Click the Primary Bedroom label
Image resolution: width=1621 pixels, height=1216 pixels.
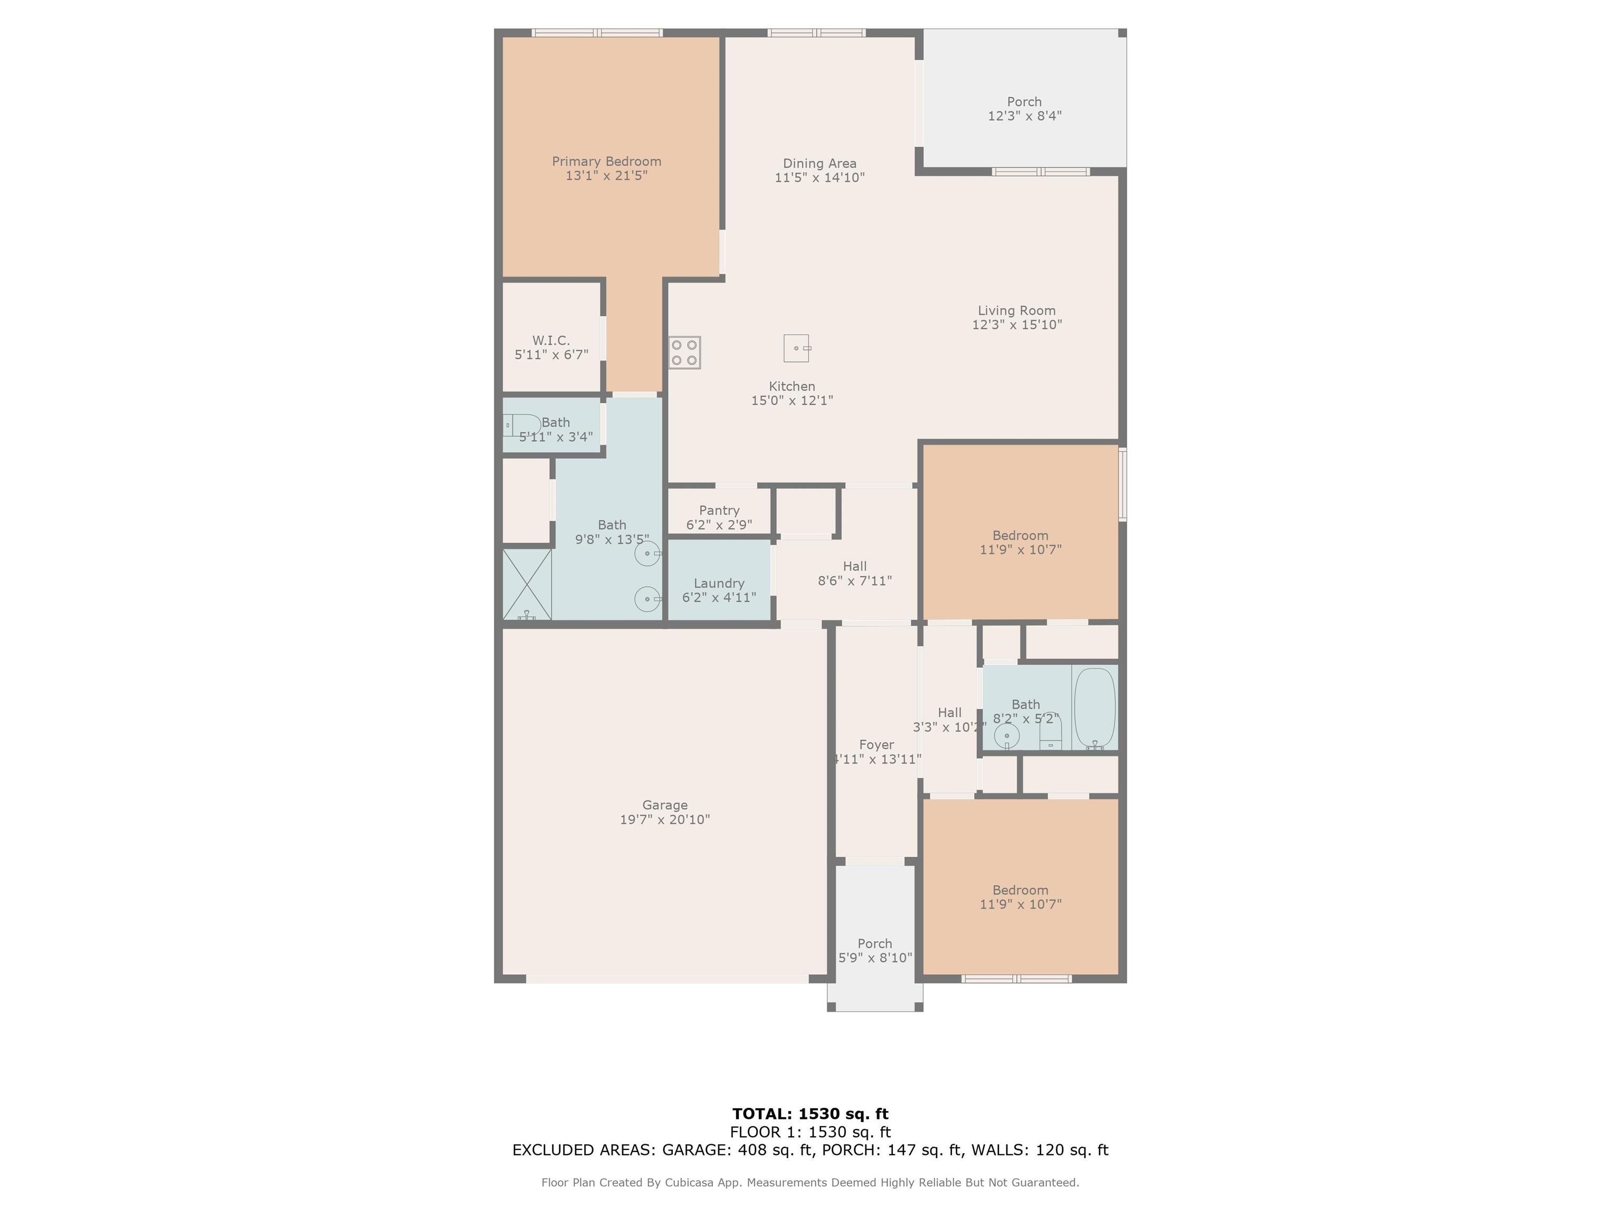[x=606, y=161]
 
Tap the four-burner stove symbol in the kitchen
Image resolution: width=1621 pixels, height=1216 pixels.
[x=684, y=352]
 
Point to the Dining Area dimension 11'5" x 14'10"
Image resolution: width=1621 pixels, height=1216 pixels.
[x=819, y=177]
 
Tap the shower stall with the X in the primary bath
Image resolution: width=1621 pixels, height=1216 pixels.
[x=527, y=584]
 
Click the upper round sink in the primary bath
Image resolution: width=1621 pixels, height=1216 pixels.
[x=647, y=554]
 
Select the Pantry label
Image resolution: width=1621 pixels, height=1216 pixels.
[x=719, y=510]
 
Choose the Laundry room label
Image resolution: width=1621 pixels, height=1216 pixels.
[x=719, y=583]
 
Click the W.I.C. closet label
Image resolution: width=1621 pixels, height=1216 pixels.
[x=550, y=340]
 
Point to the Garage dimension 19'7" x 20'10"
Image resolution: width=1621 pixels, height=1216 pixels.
[x=665, y=820]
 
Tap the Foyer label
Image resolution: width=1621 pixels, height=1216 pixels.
[x=876, y=745]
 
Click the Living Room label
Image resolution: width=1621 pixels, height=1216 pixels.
[x=1016, y=311]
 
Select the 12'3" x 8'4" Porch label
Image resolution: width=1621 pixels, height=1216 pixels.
[x=1024, y=109]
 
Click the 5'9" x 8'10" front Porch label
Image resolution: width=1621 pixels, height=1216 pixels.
[x=875, y=951]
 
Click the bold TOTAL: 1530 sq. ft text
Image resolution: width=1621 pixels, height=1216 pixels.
[x=810, y=1114]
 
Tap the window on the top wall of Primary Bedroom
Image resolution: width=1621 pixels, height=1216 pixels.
[x=597, y=33]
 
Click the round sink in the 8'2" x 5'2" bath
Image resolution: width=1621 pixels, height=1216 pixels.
[x=1006, y=735]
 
